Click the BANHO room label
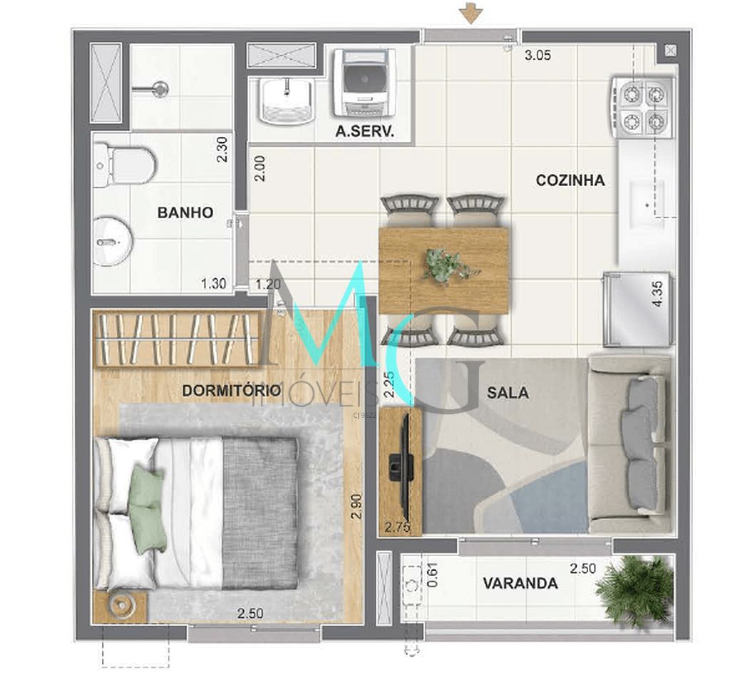[x=185, y=212]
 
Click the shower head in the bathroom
[x=160, y=89]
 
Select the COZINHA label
[x=570, y=180]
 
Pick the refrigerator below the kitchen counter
[x=637, y=308]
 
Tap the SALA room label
[x=508, y=392]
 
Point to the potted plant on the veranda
[x=634, y=589]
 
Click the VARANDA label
[x=520, y=583]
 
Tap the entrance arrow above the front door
[x=469, y=12]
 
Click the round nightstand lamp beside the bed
[x=121, y=605]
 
